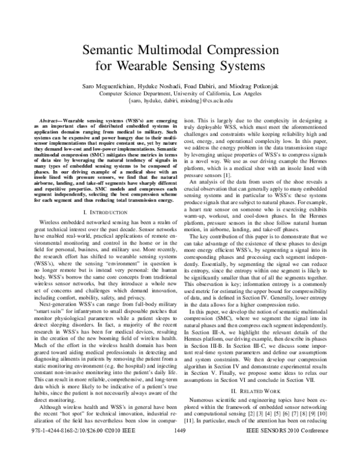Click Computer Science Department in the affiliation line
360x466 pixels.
tap(139, 94)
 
